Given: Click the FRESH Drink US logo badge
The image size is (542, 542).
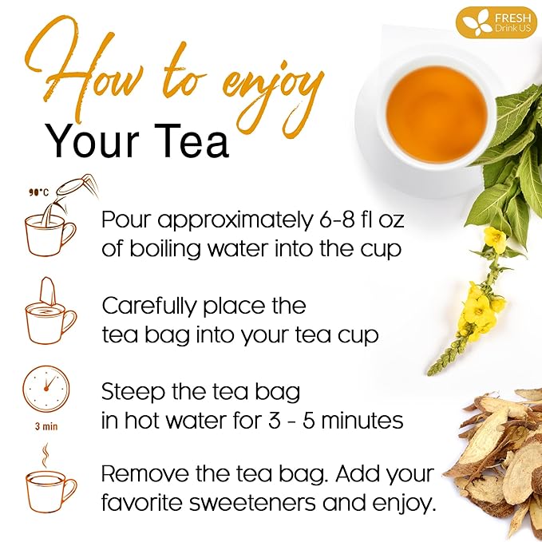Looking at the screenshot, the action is click(x=496, y=22).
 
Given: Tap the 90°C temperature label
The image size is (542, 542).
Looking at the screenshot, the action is click(x=38, y=192).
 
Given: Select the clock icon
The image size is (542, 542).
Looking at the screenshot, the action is click(x=46, y=389).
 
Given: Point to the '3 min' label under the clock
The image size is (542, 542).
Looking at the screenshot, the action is click(x=46, y=426).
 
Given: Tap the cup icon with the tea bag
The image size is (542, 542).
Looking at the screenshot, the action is click(x=51, y=311).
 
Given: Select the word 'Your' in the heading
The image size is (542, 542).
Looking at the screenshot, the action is click(x=93, y=140).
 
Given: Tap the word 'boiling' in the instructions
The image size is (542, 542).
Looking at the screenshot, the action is click(x=165, y=249).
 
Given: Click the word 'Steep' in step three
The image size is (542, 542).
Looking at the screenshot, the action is click(x=133, y=392).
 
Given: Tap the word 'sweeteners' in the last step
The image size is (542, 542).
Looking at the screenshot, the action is click(x=252, y=503).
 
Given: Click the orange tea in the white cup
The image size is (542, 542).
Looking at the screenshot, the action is click(x=437, y=114).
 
